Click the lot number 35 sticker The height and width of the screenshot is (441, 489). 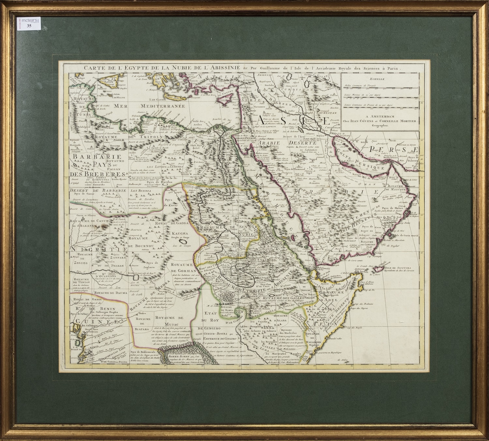pos(30,26)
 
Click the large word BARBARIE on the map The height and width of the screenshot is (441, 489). pos(88,156)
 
